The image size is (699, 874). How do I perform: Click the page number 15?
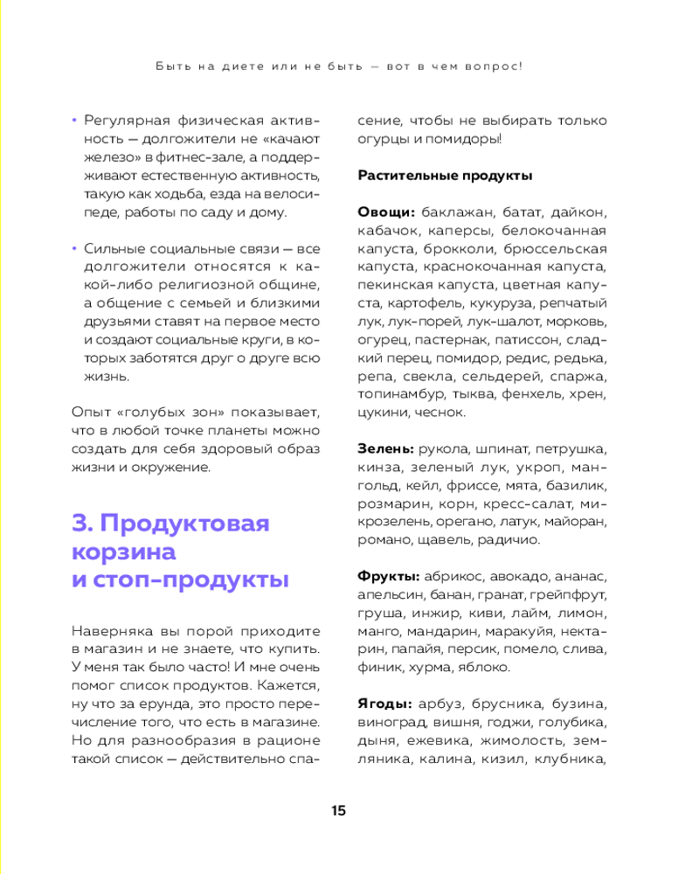point(339,810)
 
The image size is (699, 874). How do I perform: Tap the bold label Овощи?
point(386,212)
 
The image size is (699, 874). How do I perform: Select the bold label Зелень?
point(385,448)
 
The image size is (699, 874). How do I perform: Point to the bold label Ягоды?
point(385,704)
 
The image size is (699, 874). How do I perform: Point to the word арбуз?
point(439,704)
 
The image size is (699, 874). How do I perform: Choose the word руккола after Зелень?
point(446,448)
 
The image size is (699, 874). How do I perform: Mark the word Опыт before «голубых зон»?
point(88,412)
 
